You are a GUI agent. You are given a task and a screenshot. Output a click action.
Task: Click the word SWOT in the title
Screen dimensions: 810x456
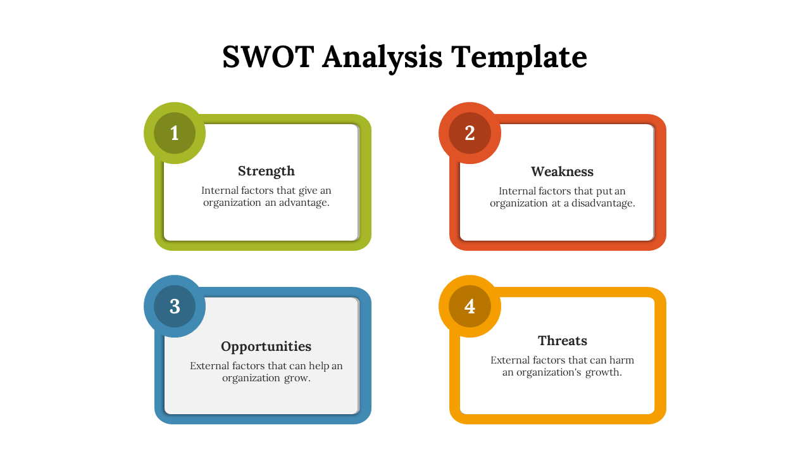pyautogui.click(x=268, y=57)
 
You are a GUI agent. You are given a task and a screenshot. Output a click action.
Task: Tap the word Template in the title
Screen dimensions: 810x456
pyautogui.click(x=519, y=58)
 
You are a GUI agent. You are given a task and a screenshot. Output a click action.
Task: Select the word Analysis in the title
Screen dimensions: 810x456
pyautogui.click(x=382, y=58)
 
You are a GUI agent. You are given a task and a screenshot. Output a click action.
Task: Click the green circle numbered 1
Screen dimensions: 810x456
pyautogui.click(x=175, y=133)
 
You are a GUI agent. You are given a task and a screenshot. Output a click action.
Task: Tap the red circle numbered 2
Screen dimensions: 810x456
pyautogui.click(x=470, y=133)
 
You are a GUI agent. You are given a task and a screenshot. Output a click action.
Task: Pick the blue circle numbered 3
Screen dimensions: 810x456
pyautogui.click(x=175, y=306)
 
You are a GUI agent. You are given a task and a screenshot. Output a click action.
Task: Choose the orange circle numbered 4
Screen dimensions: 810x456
pyautogui.click(x=470, y=306)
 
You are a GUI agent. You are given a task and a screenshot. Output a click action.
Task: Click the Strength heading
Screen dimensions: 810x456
pyautogui.click(x=266, y=172)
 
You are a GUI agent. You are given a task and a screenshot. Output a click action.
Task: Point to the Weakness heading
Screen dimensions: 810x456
pyautogui.click(x=563, y=172)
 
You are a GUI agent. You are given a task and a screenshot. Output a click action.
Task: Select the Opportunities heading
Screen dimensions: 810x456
pyautogui.click(x=266, y=347)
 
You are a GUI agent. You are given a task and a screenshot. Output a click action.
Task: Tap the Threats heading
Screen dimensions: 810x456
pyautogui.click(x=563, y=341)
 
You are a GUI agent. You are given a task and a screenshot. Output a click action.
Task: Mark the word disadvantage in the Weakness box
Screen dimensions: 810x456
pyautogui.click(x=603, y=203)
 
